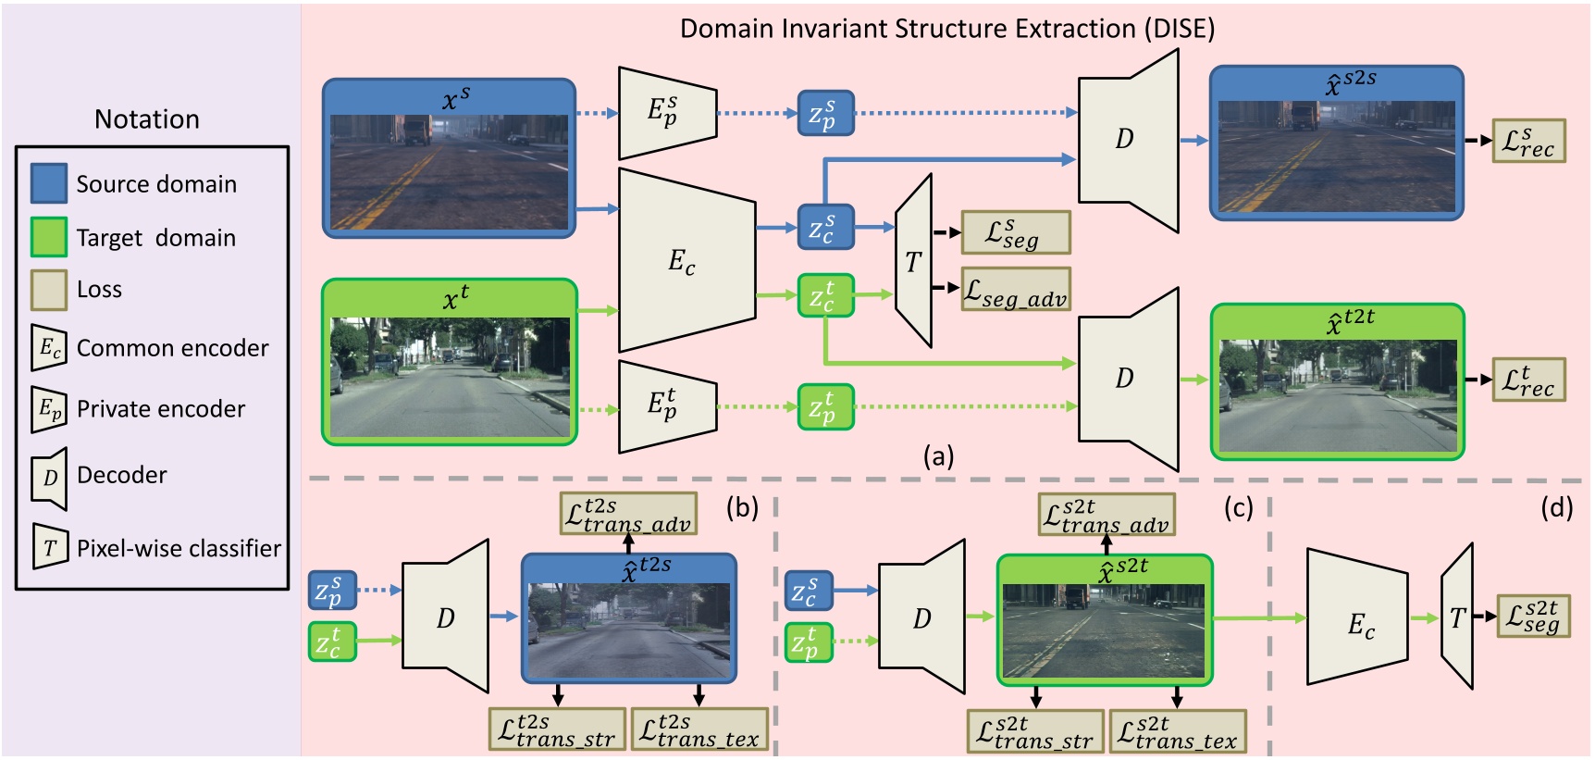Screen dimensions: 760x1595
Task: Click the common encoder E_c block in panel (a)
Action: tap(686, 260)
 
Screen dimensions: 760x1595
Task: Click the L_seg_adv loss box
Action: tap(1016, 290)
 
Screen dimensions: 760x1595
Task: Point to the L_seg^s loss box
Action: tap(1016, 232)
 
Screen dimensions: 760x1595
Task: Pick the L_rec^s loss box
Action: tap(1528, 141)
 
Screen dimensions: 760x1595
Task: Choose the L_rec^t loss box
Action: tap(1528, 380)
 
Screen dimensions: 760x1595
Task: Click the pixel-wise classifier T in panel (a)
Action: tap(914, 262)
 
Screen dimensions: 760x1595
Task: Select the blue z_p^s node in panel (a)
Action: tap(825, 113)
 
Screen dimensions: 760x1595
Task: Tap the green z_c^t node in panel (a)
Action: tap(825, 295)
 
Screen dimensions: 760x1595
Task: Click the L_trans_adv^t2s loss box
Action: tap(628, 514)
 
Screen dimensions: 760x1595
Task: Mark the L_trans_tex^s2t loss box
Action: tap(1178, 731)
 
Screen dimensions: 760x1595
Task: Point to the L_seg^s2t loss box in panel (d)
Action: tap(1533, 617)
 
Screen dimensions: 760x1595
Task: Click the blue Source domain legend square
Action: tap(49, 183)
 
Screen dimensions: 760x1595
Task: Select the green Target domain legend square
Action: tap(49, 237)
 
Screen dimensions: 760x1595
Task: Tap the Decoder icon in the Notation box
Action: tap(50, 478)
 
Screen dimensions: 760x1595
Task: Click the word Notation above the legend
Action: tap(147, 119)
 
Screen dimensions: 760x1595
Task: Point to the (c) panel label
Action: tap(1238, 507)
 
